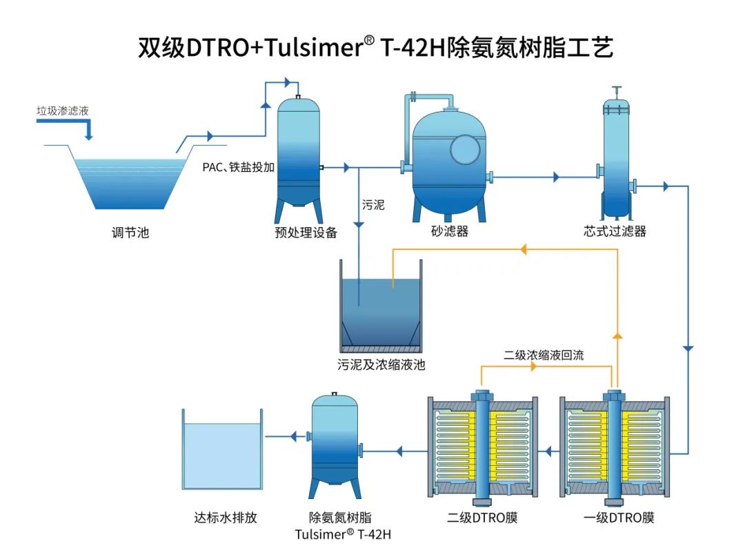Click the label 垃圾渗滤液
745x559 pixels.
[x=63, y=110]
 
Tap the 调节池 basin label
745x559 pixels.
[x=130, y=233]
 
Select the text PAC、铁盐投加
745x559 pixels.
[x=239, y=167]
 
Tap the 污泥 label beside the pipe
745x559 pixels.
[x=373, y=205]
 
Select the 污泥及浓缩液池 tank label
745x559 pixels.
[x=381, y=364]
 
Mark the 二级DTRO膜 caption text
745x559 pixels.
[x=482, y=518]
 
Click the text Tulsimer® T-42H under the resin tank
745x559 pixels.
[x=334, y=534]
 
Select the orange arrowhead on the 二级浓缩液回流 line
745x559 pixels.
[x=535, y=366]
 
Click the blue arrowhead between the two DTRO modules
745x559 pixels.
[x=550, y=452]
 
